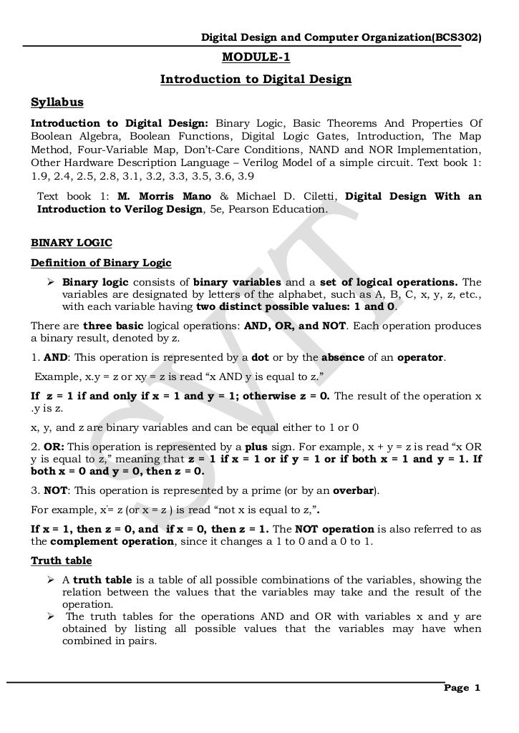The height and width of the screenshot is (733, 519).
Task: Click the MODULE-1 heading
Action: coord(256,58)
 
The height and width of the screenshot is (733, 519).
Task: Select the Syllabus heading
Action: coord(57,102)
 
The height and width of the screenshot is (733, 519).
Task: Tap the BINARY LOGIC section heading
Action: coord(71,243)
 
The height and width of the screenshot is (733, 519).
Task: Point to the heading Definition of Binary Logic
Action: coord(101,263)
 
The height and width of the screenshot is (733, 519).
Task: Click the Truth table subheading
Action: coord(61,560)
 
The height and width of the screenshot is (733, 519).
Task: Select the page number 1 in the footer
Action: coord(476,688)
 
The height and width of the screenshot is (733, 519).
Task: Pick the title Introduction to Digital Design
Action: coord(256,79)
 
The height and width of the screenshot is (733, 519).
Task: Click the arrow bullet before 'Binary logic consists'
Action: coord(51,282)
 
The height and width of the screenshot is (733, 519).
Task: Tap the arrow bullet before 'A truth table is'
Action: coord(51,580)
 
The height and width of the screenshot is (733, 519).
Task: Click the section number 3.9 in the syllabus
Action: coord(243,175)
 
